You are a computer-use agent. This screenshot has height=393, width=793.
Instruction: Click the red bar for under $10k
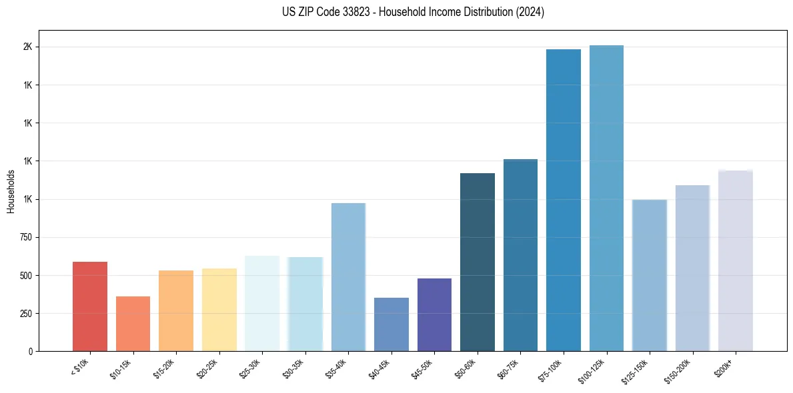coord(90,306)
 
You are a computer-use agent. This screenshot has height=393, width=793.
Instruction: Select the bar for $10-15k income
coord(133,324)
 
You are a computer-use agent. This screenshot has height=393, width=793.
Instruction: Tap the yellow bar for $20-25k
coord(219,310)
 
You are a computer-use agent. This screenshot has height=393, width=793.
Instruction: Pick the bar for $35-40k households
coord(348,277)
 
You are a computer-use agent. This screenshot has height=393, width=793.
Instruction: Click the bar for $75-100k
coord(564,200)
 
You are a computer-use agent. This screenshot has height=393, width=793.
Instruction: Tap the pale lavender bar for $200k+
coord(736,260)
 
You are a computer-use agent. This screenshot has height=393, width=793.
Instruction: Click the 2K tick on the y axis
coord(27,47)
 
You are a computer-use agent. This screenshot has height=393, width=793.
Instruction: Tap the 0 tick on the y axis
coord(31,352)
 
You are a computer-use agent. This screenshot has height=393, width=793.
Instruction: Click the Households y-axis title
coord(11,191)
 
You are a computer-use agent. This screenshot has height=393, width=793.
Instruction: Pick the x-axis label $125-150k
coord(635,372)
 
